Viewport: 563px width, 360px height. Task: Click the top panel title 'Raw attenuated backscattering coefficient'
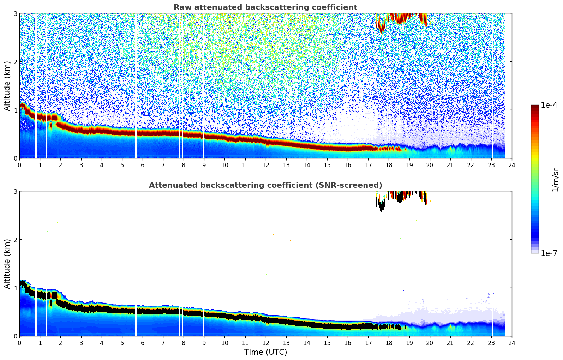(x=265, y=7)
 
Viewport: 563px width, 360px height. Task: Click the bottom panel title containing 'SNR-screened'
(x=265, y=185)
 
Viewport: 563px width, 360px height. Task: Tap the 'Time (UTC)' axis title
(x=265, y=352)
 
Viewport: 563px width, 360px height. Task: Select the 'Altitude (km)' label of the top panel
(x=7, y=86)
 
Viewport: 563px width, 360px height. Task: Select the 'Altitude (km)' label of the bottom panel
(x=7, y=264)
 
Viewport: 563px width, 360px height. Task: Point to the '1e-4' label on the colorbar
(x=549, y=105)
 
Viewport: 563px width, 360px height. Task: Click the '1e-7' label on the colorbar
(x=549, y=253)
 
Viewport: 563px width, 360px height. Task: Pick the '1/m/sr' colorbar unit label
(x=555, y=180)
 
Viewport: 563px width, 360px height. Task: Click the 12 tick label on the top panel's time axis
(x=265, y=165)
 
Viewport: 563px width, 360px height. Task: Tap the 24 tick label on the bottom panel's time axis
(x=511, y=343)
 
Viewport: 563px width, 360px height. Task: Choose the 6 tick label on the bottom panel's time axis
(x=143, y=343)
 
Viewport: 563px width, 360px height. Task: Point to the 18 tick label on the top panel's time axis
(x=389, y=165)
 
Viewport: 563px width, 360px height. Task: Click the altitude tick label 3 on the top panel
(x=16, y=13)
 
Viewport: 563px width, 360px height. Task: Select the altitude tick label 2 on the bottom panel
(x=16, y=240)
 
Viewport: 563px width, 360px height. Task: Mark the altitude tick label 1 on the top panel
(x=16, y=110)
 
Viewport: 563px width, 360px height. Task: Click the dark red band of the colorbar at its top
(x=534, y=107)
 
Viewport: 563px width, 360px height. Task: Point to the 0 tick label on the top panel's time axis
(x=19, y=165)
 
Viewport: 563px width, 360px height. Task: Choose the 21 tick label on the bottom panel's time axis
(x=450, y=343)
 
